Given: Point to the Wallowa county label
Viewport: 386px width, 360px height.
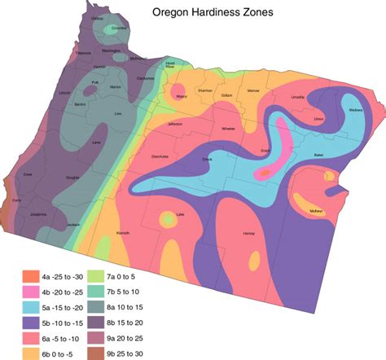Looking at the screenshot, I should [354, 110].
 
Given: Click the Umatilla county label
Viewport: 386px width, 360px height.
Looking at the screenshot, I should [298, 96].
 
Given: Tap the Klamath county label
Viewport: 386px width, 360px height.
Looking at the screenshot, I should [123, 233].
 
